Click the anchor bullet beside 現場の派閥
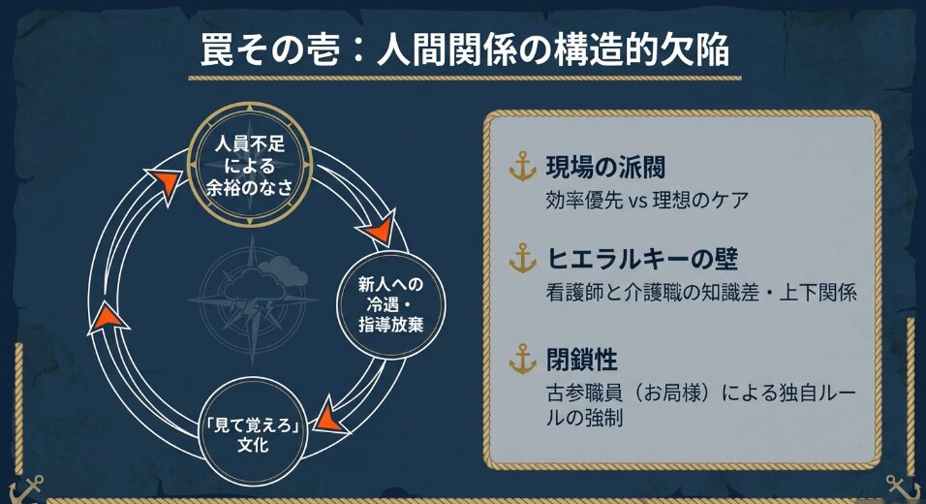522,169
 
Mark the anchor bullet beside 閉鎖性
522,360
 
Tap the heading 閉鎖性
582,360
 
